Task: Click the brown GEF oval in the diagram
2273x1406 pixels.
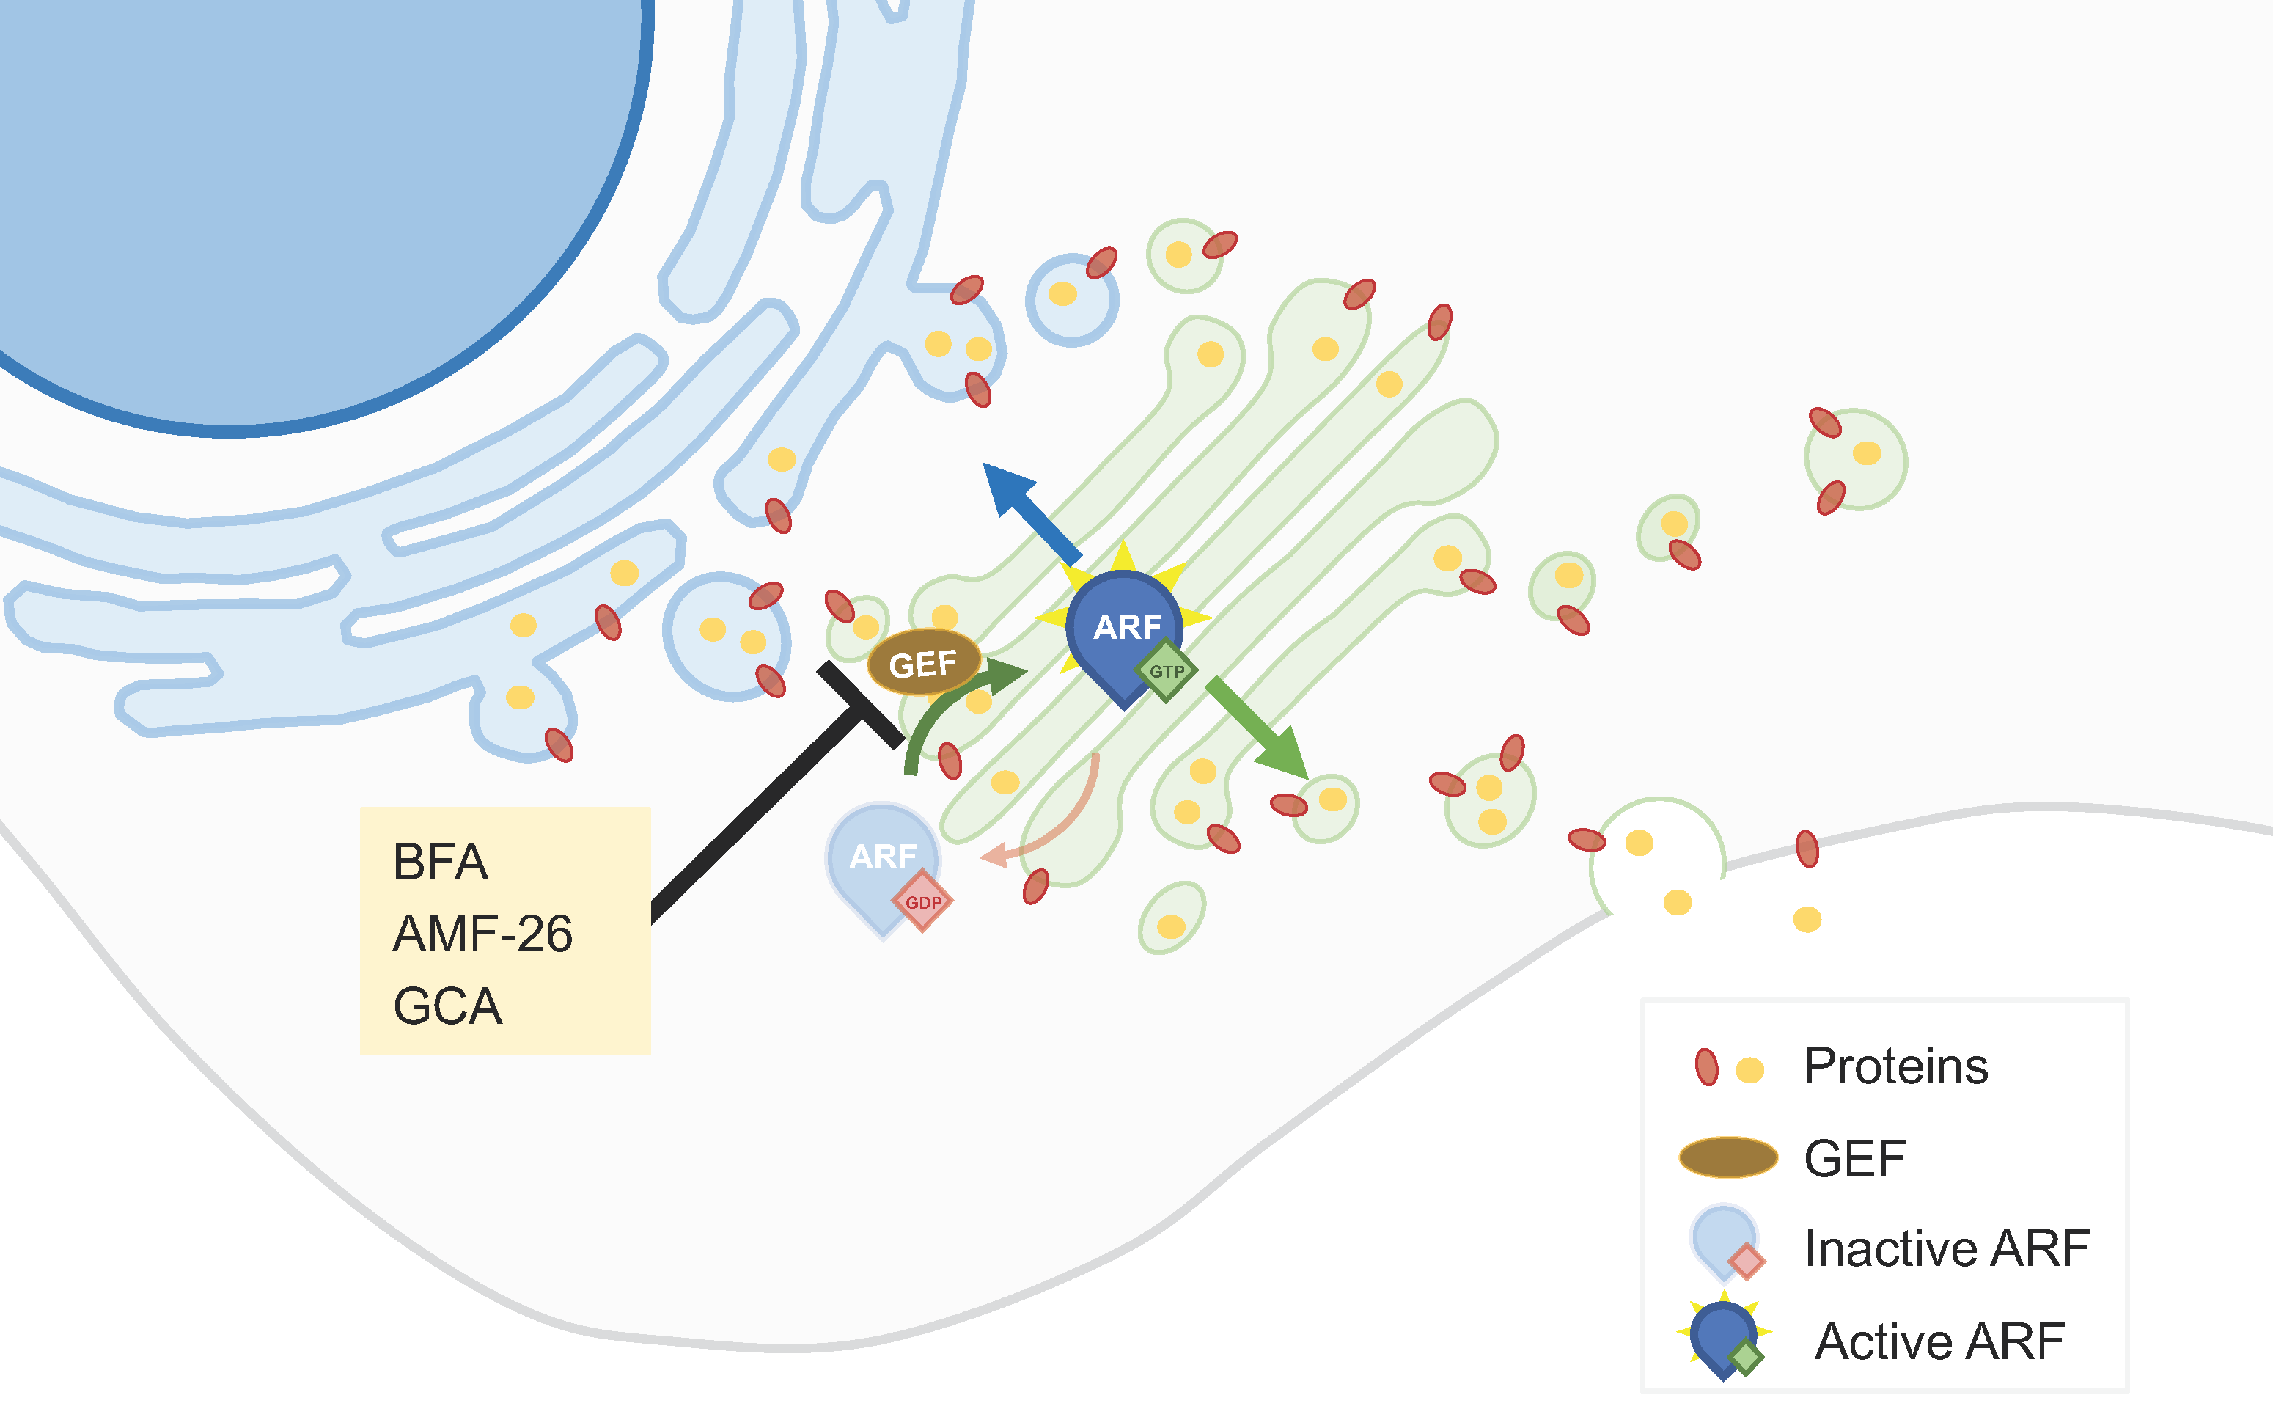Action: click(x=923, y=663)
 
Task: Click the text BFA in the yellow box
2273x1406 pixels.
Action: click(x=440, y=861)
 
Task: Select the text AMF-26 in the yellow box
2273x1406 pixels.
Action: click(x=482, y=934)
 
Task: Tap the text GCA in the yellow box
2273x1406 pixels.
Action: click(x=447, y=1006)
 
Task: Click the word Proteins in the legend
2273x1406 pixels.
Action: click(x=1895, y=1066)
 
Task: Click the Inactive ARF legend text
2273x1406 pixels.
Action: click(x=1947, y=1248)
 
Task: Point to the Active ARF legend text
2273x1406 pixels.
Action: click(x=1939, y=1341)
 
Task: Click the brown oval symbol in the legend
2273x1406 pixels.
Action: click(x=1728, y=1157)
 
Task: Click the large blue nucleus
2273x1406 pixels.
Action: click(x=279, y=186)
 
